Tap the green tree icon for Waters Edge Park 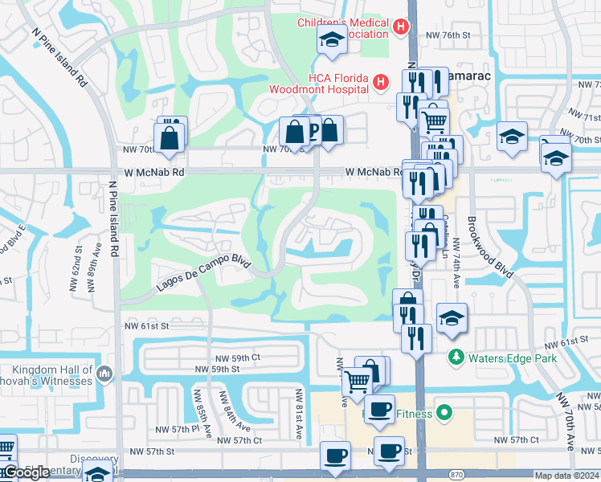pos(456,356)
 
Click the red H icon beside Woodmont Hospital pos(380,81)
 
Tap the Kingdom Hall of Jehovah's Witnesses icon pos(104,374)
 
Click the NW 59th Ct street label pos(238,357)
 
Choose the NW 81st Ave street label pos(298,413)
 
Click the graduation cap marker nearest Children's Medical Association pos(331,40)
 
